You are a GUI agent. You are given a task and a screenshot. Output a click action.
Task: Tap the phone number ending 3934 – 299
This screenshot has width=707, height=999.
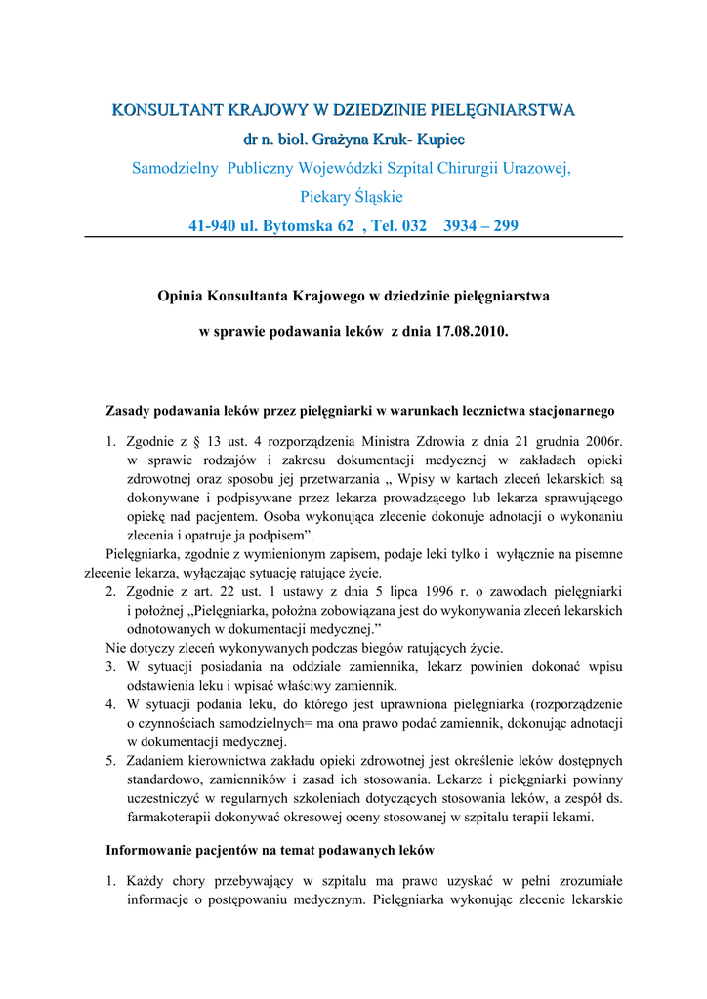coord(480,226)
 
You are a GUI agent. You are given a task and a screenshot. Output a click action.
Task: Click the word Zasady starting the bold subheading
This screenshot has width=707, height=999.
coord(130,411)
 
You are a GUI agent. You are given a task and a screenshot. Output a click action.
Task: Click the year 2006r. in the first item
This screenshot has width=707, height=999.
coord(603,441)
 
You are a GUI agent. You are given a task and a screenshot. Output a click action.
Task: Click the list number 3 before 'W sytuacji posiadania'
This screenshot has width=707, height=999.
coord(111,666)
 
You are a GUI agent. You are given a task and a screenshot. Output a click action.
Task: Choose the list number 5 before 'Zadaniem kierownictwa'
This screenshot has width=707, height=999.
coord(111,760)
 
